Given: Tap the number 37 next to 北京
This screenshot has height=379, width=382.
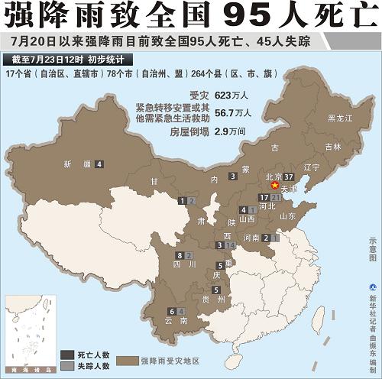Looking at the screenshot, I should click(x=289, y=177).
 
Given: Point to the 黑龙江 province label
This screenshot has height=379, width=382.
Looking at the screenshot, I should click(x=339, y=118).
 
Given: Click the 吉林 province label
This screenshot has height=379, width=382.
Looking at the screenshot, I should click(x=332, y=147).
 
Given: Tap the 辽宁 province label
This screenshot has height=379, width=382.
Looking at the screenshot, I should click(x=311, y=167).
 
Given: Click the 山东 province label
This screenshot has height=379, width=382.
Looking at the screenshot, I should click(x=287, y=216).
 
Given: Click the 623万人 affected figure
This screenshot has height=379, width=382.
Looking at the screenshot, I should click(x=228, y=96).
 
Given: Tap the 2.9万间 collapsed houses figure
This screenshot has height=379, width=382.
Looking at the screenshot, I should click(x=229, y=131).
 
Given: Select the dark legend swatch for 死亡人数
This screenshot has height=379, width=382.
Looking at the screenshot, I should click(x=68, y=354).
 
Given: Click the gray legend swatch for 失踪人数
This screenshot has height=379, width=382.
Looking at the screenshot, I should click(x=68, y=365).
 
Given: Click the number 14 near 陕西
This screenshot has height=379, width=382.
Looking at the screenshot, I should click(x=230, y=245).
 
